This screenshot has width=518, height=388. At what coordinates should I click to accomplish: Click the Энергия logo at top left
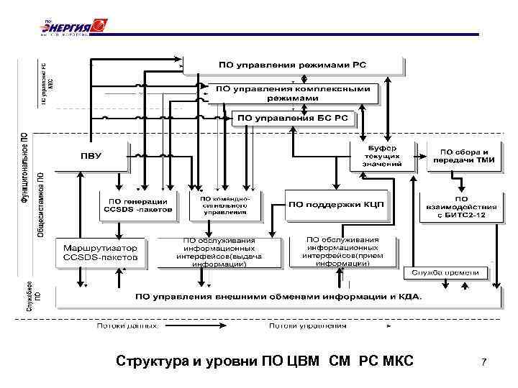pos(72,27)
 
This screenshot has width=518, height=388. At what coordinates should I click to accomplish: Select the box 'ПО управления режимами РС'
pos(292,65)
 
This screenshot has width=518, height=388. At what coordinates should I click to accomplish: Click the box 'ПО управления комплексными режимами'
pos(292,93)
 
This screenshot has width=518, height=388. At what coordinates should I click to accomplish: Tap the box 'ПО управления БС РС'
pos(292,116)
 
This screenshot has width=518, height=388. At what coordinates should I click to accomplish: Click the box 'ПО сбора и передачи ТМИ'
pos(463,157)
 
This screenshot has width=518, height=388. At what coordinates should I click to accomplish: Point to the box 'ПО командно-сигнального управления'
pos(224,205)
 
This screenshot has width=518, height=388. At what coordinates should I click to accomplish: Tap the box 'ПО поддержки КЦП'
pos(337,204)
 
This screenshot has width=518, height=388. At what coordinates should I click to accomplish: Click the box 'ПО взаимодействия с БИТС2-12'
pos(461,207)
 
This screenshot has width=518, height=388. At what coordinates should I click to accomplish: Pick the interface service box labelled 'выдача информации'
pos(219,252)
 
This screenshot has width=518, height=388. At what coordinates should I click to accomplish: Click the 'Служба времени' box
pos(446,272)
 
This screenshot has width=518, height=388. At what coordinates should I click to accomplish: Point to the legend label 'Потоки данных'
pos(127,325)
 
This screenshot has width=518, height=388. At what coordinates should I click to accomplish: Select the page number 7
pos(484,363)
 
